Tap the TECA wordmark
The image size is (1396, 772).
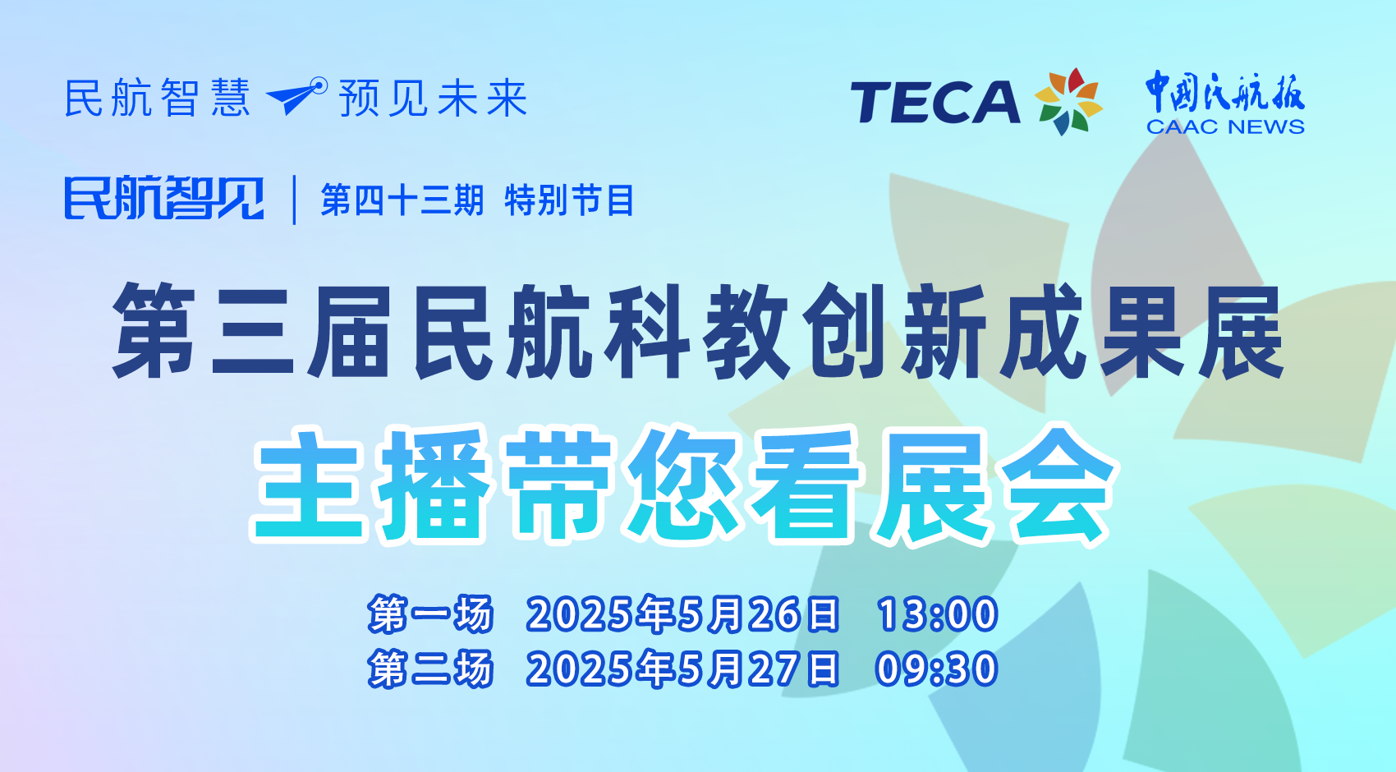point(934,102)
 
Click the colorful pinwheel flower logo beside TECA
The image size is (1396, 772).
point(1068,102)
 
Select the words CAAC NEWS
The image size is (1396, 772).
point(1225,127)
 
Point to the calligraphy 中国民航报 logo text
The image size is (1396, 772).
point(1225,92)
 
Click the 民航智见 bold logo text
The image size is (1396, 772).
point(164,198)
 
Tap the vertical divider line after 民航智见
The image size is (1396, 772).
point(294,200)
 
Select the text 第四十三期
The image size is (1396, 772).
point(402,200)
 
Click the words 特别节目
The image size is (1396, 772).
point(569,200)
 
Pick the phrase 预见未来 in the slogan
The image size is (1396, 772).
point(433,98)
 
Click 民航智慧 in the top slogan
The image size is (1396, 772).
point(158,98)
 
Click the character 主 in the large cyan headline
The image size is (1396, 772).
point(309,485)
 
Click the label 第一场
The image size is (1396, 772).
point(430,614)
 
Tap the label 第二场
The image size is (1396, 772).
point(430,669)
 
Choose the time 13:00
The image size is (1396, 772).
point(937,614)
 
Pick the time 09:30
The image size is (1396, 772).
point(937,669)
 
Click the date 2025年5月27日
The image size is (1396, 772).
point(683,669)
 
